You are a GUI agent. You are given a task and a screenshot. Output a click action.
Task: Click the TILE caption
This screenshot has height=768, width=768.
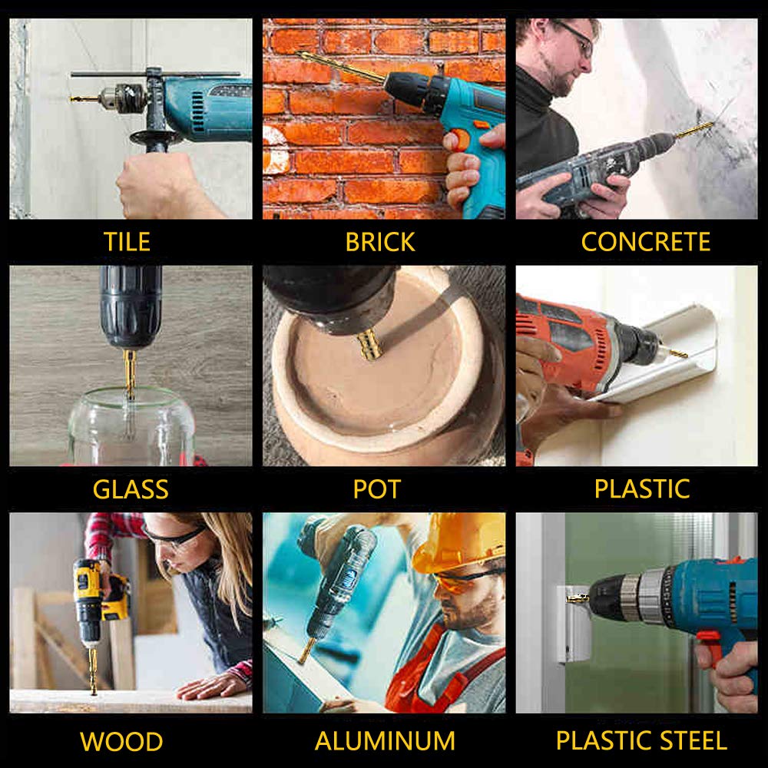click(x=127, y=242)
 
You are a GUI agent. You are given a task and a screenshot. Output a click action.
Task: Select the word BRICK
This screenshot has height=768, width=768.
click(x=380, y=242)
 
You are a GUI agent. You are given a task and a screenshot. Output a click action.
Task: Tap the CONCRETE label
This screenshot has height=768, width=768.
click(x=646, y=241)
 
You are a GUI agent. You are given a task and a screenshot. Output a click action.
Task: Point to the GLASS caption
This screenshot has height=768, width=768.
click(x=131, y=489)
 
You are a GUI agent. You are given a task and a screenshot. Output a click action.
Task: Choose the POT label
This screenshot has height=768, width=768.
click(x=376, y=489)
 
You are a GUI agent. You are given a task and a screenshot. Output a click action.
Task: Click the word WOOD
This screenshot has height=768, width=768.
click(x=121, y=742)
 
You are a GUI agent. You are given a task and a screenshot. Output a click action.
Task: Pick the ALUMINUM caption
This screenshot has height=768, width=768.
click(x=385, y=740)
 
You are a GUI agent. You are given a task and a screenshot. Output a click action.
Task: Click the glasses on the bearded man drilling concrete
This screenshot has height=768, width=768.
click(x=578, y=37)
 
